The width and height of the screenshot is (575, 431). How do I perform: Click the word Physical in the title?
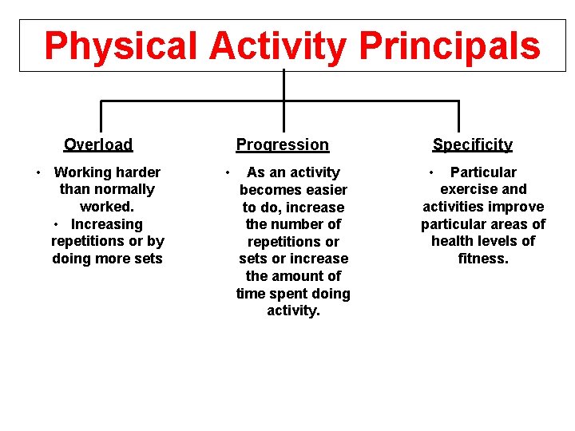click(120, 46)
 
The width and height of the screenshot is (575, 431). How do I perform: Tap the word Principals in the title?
click(450, 46)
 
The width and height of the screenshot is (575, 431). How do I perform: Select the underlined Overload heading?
click(98, 144)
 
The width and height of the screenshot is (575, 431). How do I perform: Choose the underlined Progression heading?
click(282, 144)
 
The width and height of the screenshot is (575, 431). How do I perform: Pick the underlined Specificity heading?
click(472, 144)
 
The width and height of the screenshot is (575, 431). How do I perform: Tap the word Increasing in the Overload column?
click(107, 224)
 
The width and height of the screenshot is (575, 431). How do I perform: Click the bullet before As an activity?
click(228, 172)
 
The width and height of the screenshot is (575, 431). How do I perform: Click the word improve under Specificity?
click(517, 207)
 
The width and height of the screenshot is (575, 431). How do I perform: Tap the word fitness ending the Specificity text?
click(483, 258)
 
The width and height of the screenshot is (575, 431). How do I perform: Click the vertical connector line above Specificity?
click(458, 113)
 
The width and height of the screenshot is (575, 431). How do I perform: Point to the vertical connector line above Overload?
click(101, 113)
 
